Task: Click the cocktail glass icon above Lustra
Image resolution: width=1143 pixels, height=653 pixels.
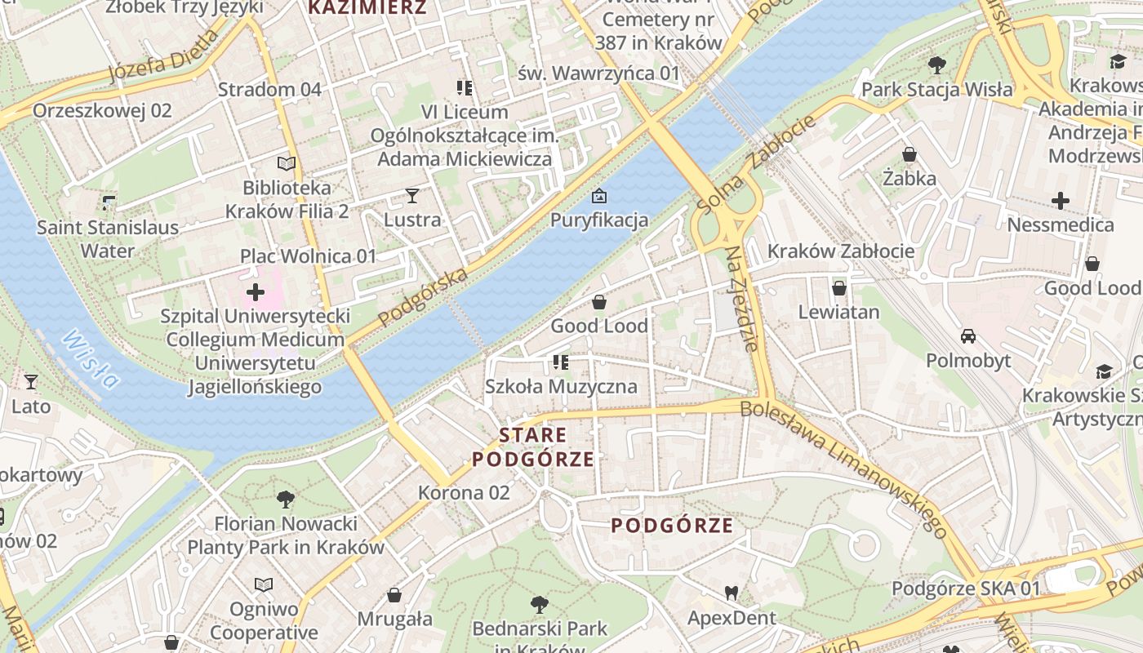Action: click(x=412, y=196)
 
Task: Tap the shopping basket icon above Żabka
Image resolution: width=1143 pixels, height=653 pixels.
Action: click(x=910, y=154)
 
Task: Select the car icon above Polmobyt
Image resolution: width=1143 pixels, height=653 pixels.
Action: click(x=968, y=336)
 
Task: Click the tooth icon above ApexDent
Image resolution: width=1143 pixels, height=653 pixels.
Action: click(x=732, y=593)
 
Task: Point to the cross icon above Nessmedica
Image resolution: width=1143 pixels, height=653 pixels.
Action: click(x=1060, y=200)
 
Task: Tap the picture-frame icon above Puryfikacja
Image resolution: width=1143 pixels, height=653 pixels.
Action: click(x=599, y=196)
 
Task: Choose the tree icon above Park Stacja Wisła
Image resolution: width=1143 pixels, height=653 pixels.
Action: click(x=937, y=65)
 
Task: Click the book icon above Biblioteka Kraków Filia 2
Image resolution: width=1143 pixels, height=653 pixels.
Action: click(x=286, y=164)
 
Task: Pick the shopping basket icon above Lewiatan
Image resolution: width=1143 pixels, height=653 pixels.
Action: click(x=838, y=288)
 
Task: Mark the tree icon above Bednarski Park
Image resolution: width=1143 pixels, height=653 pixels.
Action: click(x=539, y=605)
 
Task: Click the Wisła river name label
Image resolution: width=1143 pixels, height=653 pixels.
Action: click(x=90, y=359)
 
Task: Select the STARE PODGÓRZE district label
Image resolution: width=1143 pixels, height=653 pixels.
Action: click(x=533, y=446)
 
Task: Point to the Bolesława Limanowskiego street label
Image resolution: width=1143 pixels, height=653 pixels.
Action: click(x=845, y=468)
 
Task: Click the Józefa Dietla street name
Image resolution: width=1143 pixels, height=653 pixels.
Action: click(x=163, y=57)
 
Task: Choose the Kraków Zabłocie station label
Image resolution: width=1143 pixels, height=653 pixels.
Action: click(x=841, y=251)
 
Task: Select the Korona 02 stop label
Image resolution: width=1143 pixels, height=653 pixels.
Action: click(x=464, y=493)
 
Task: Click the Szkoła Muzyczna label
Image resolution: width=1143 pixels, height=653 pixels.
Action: click(x=561, y=386)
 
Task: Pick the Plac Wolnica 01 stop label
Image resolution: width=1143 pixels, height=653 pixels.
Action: click(x=309, y=256)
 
